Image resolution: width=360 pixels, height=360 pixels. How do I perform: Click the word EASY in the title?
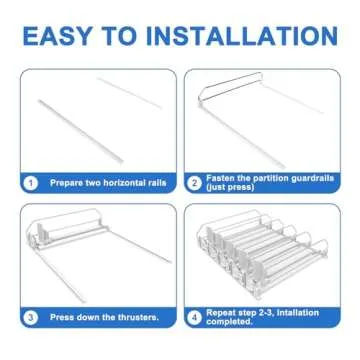(x=57, y=36)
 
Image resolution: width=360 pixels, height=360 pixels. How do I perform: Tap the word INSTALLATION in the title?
(x=242, y=36)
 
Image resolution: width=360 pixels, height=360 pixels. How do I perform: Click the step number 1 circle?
(x=31, y=183)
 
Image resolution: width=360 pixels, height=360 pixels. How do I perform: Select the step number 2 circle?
(x=194, y=183)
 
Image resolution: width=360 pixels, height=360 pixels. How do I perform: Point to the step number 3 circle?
(x=31, y=317)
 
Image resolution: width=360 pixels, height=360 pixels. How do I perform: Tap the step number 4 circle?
(x=194, y=317)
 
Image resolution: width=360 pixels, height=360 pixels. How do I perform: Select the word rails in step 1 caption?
(x=157, y=182)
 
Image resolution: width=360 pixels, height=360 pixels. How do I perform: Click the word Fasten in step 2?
(x=220, y=178)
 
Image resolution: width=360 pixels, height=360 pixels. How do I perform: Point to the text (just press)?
(x=230, y=187)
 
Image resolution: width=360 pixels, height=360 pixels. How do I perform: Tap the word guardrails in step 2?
(x=309, y=178)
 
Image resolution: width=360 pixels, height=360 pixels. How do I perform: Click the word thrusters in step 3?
(x=138, y=317)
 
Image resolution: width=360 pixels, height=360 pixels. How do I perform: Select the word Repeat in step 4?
(x=222, y=313)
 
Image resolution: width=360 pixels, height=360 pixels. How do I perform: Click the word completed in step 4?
(x=229, y=322)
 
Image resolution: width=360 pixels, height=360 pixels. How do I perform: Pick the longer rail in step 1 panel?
(x=81, y=131)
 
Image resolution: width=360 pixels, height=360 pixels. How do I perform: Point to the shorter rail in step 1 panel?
(x=129, y=93)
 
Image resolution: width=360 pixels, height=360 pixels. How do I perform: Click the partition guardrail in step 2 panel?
(x=230, y=87)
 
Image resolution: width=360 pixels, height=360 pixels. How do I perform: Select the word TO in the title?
(x=119, y=36)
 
